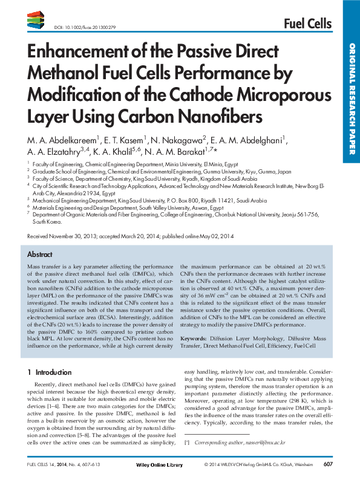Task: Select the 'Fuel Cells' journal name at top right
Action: (307, 24)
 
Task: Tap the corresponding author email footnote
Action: (242, 443)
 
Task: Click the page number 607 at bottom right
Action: (328, 464)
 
